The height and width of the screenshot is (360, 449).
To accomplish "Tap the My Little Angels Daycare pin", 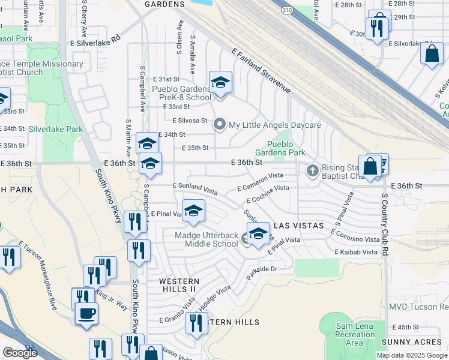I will tap(220, 125).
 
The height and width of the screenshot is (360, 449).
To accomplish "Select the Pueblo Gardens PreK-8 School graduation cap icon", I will tap(220, 82).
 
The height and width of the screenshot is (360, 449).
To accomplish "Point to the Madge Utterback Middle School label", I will tap(206, 240).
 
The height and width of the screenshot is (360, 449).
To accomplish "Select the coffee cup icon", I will tap(87, 313).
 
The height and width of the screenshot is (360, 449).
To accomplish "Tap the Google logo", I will tap(20, 353).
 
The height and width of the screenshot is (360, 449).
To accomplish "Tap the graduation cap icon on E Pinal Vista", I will tap(193, 211).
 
